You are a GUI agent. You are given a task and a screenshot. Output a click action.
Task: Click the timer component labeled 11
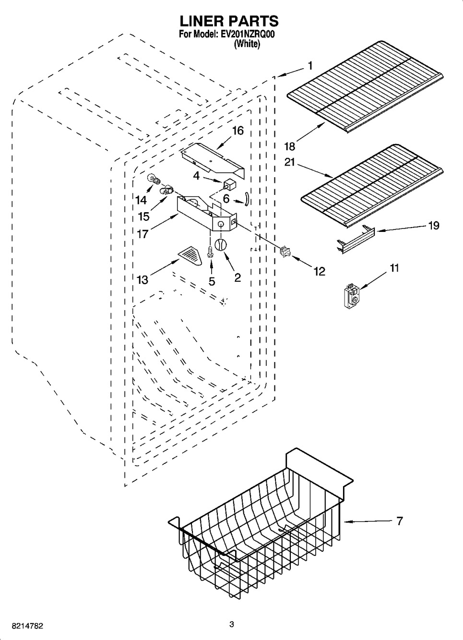pyautogui.click(x=351, y=297)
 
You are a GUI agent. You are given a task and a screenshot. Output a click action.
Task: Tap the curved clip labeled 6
pyautogui.click(x=246, y=198)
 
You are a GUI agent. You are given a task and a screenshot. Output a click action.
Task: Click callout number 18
pyautogui.click(x=290, y=146)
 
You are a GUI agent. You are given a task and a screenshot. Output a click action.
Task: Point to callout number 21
pyautogui.click(x=290, y=162)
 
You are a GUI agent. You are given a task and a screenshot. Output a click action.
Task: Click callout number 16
pyautogui.click(x=238, y=131)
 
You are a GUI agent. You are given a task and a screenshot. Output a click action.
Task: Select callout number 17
pyautogui.click(x=142, y=234)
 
